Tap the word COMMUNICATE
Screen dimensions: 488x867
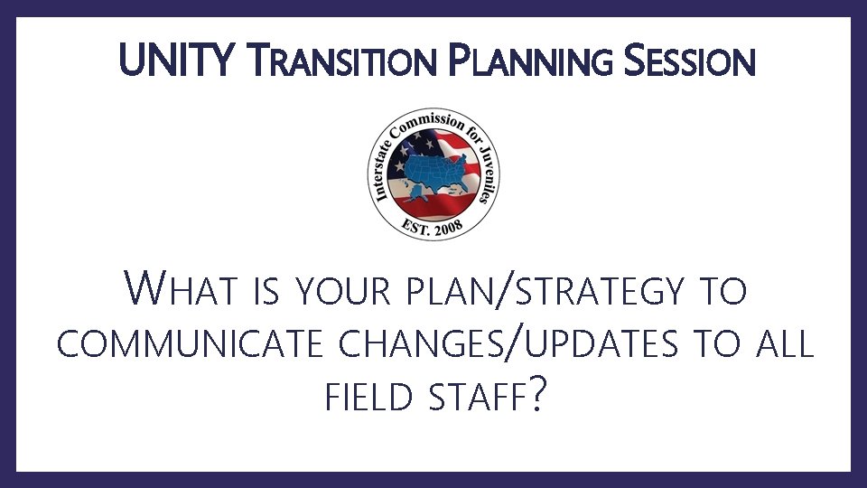184,344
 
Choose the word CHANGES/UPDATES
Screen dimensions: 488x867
489,344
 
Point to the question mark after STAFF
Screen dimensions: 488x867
538,397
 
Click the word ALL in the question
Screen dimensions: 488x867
782,344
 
